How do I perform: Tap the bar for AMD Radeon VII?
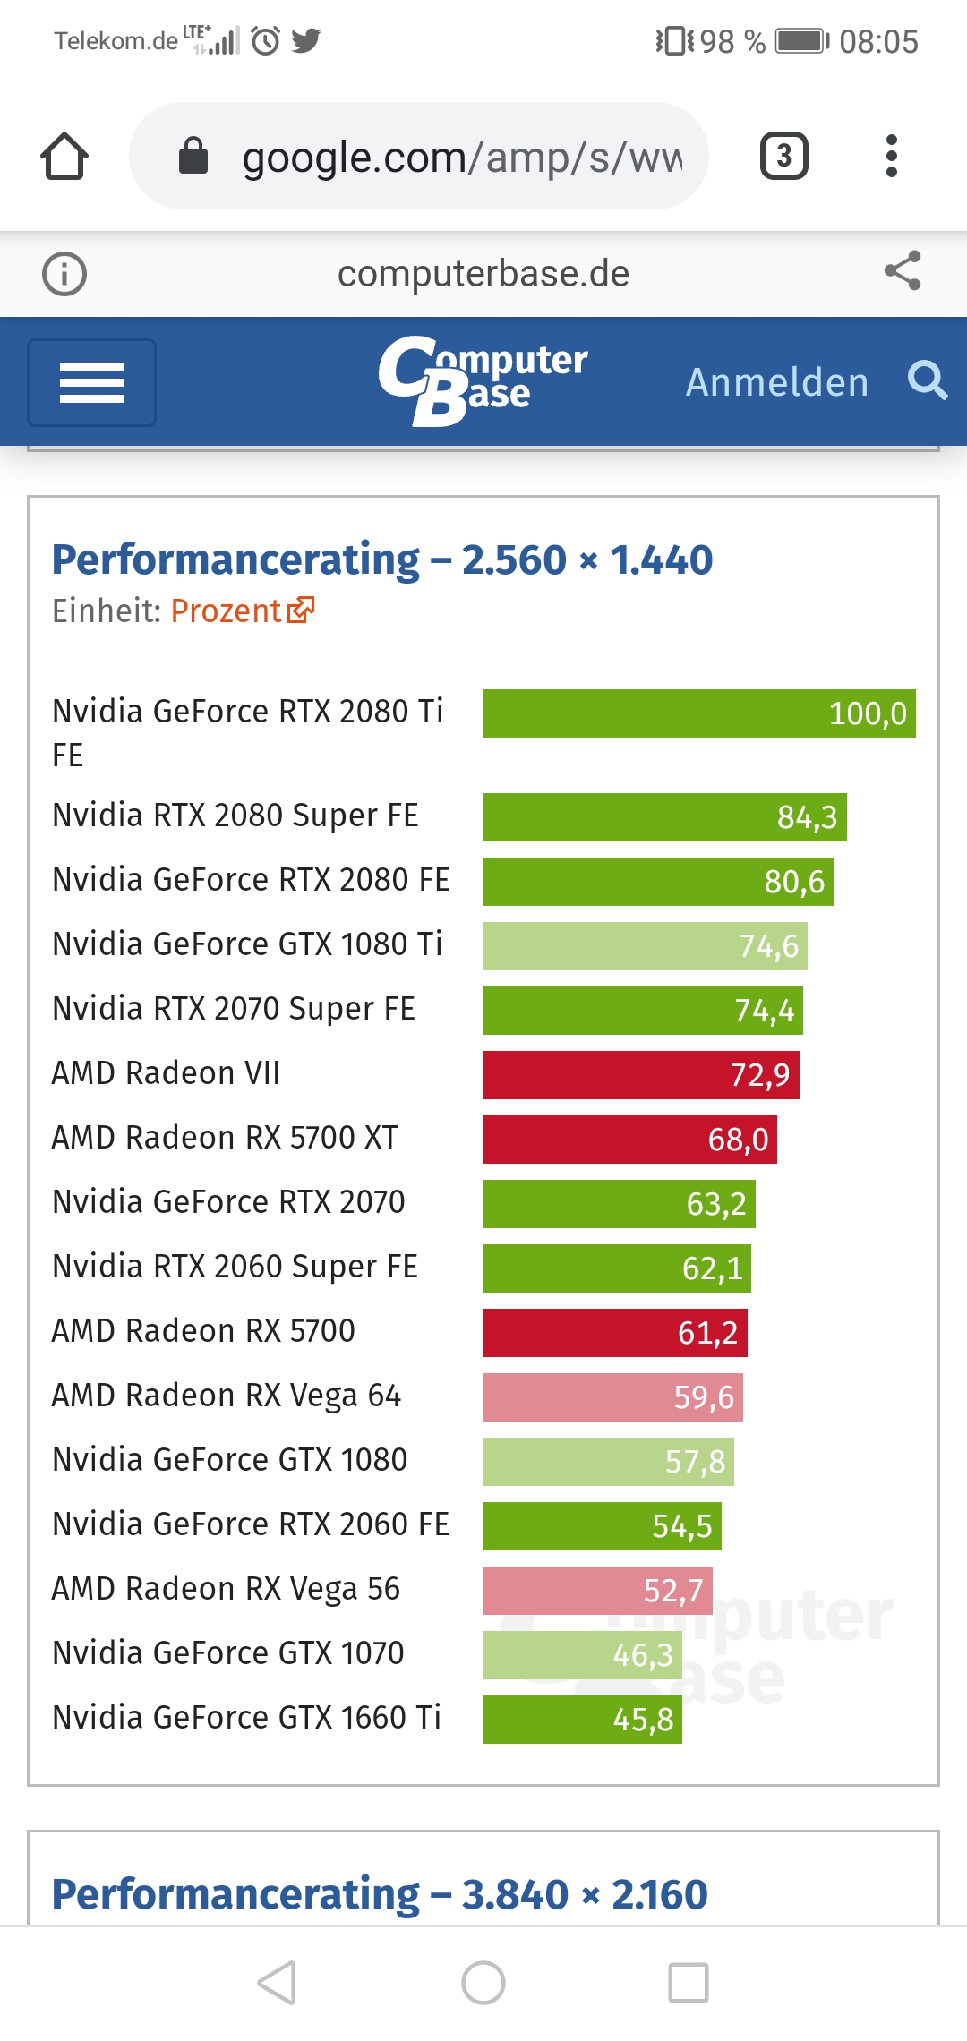[x=640, y=1074]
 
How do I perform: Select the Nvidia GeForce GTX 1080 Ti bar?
[x=645, y=946]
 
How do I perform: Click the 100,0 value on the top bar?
[x=867, y=713]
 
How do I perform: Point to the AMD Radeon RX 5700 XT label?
[x=225, y=1138]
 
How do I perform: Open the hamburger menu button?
[x=91, y=382]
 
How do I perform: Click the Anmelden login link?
[x=776, y=382]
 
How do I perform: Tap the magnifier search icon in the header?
[x=927, y=380]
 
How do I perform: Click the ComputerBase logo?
[x=483, y=380]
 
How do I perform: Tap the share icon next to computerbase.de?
[x=902, y=271]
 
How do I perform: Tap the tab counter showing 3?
[x=783, y=156]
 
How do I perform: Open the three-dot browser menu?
[x=891, y=156]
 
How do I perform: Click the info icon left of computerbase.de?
[x=64, y=274]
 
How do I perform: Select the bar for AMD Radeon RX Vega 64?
[x=612, y=1396]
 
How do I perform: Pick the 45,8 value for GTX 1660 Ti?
[x=642, y=1720]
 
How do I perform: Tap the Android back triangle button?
[x=278, y=1982]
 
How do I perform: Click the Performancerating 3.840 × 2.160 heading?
[x=380, y=1894]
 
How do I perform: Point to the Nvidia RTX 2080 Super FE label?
[x=235, y=816]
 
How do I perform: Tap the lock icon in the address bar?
[x=193, y=156]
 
